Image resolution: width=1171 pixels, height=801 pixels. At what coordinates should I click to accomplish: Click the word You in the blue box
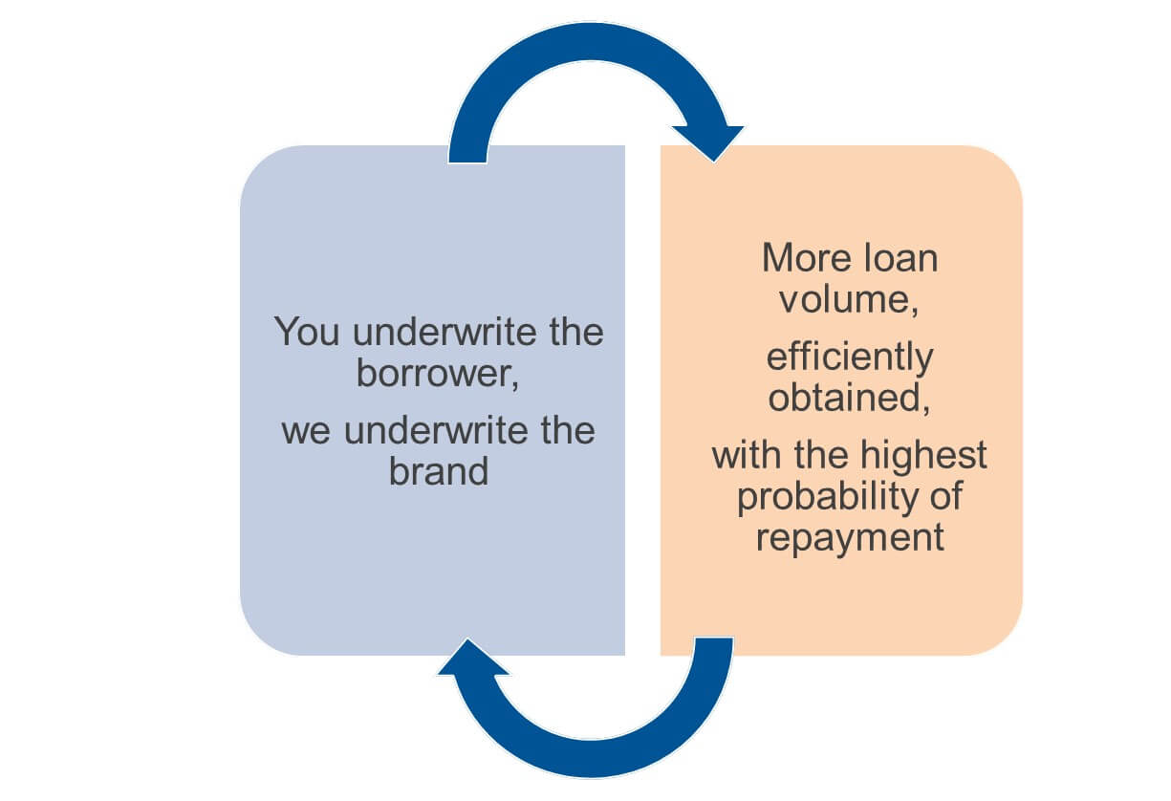306,332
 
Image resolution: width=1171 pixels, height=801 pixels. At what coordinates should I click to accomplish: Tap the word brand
439,471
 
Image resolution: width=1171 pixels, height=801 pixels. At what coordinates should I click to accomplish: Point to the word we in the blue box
306,431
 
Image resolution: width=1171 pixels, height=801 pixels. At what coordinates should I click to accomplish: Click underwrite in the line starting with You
445,332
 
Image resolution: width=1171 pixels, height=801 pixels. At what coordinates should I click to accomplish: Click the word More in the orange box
807,258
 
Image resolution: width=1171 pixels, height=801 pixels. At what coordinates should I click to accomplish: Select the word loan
900,258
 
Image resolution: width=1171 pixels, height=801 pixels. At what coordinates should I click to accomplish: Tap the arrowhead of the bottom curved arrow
472,657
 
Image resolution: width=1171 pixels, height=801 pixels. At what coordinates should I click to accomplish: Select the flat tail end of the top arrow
467,162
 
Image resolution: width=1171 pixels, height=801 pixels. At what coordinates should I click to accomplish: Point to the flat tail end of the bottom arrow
713,639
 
